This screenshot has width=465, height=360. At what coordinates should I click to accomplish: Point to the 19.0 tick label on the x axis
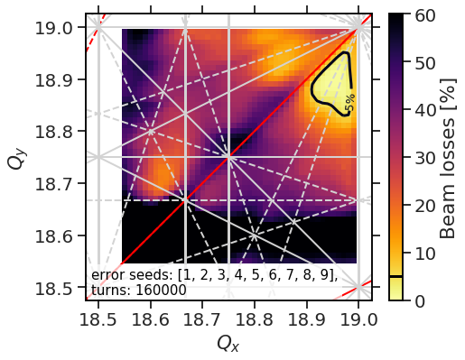pyautogui.click(x=359, y=320)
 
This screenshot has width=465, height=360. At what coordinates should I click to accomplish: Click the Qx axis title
pyautogui.click(x=228, y=344)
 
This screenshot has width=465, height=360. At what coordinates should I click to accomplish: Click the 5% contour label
pyautogui.click(x=349, y=104)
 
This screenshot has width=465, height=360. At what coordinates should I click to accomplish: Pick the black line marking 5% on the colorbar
pyautogui.click(x=396, y=276)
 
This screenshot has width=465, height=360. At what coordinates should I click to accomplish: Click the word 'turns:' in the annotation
pyautogui.click(x=110, y=291)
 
